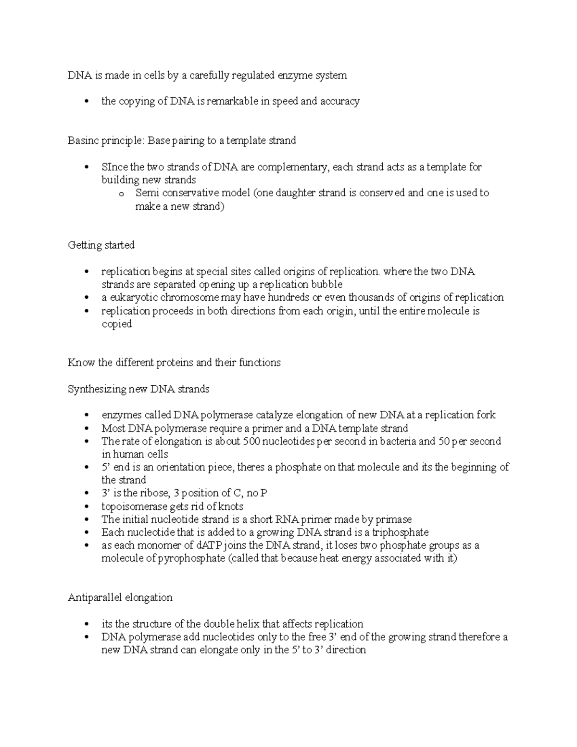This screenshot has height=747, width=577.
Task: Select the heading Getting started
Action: [101, 245]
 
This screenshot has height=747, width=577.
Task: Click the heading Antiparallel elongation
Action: [120, 598]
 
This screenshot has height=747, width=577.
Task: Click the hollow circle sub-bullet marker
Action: [121, 194]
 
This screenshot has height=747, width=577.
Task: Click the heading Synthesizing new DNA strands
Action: [138, 389]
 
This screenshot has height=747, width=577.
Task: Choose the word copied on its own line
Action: [116, 324]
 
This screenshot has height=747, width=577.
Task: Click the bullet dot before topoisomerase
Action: [87, 506]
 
